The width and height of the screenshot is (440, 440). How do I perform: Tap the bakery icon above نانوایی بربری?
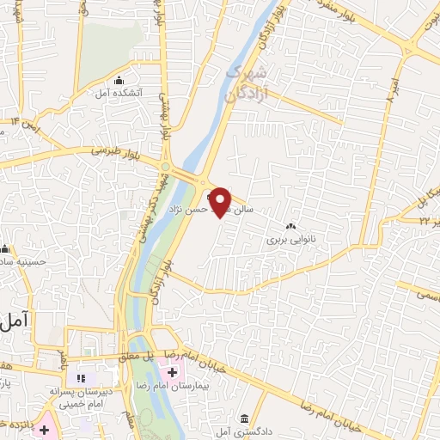290,226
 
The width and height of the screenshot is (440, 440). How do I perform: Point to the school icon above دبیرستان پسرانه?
82,378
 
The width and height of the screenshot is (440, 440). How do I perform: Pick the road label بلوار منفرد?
331,15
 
